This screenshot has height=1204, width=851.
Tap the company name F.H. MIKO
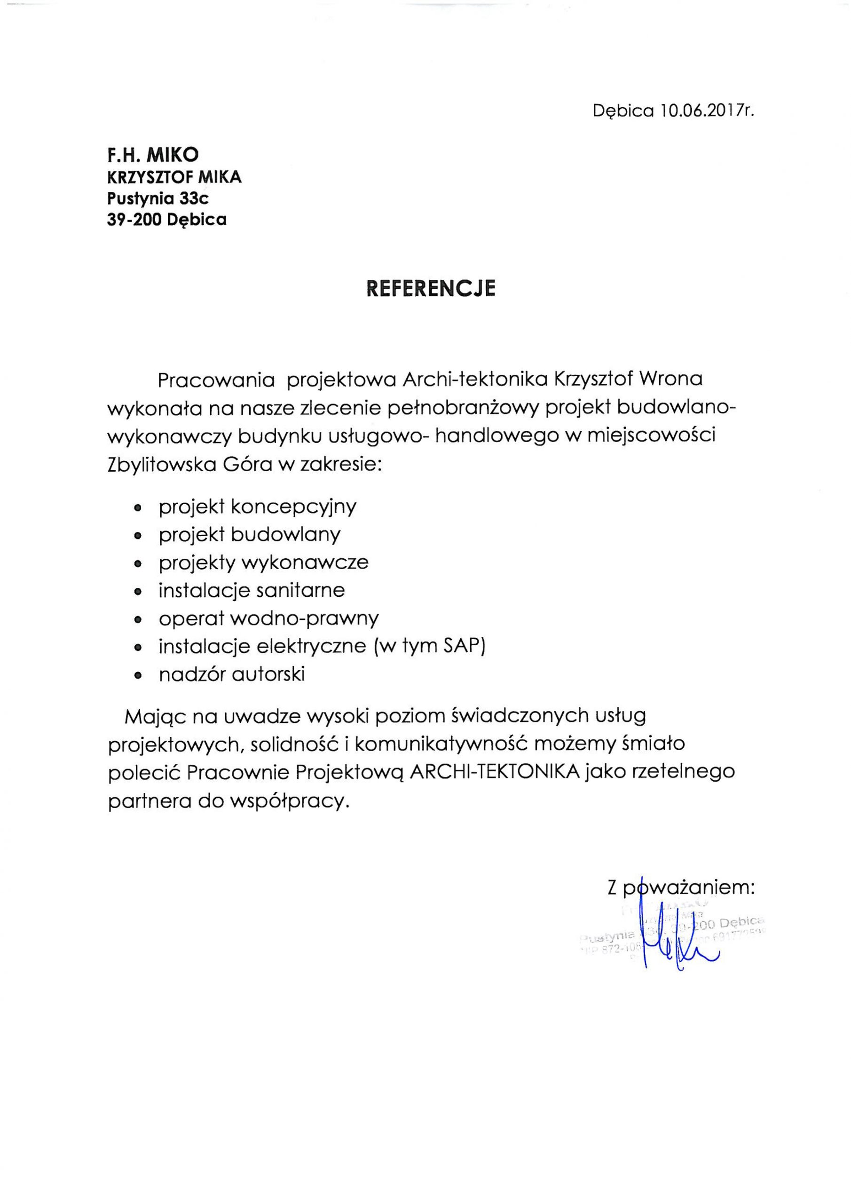pyautogui.click(x=153, y=154)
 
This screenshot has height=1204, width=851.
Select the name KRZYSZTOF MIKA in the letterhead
pyautogui.click(x=174, y=177)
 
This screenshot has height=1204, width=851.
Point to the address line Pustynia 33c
pyautogui.click(x=158, y=199)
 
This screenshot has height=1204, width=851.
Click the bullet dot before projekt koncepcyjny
pyautogui.click(x=138, y=508)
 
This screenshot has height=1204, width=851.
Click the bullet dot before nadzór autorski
pyautogui.click(x=138, y=676)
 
